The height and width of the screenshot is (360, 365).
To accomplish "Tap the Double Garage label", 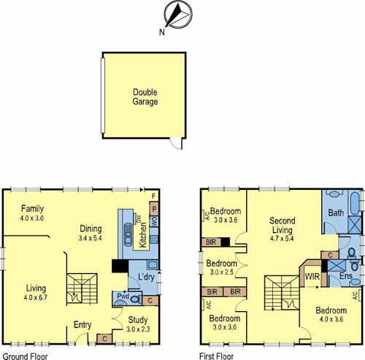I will pyautogui.click(x=146, y=96).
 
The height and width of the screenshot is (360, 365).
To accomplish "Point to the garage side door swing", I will pyautogui.click(x=173, y=144).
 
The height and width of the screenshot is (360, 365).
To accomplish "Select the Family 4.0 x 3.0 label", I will pyautogui.click(x=33, y=212).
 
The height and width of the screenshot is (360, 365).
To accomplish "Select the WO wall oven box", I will pyautogui.click(x=154, y=221).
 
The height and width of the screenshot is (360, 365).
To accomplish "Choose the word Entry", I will pyautogui.click(x=82, y=326).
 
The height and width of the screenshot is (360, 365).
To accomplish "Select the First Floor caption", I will pyautogui.click(x=216, y=356).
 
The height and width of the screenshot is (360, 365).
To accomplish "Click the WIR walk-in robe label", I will pyautogui.click(x=312, y=277).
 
